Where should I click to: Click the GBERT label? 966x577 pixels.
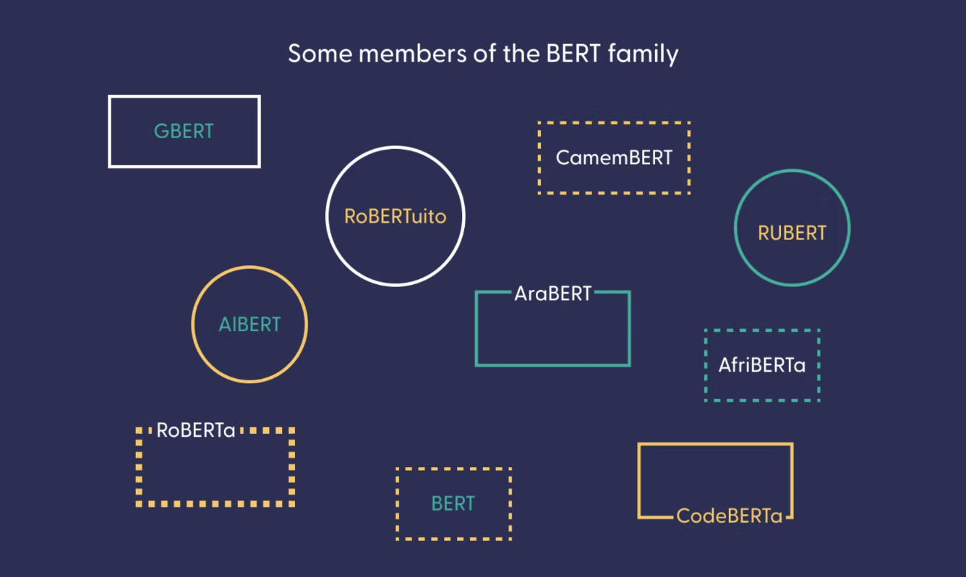pyautogui.click(x=184, y=132)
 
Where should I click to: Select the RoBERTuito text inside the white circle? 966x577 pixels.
pyautogui.click(x=395, y=216)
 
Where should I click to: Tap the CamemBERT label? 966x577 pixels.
pyautogui.click(x=614, y=158)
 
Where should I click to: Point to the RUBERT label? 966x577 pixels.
pyautogui.click(x=792, y=234)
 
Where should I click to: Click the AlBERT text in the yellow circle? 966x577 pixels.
pyautogui.click(x=249, y=325)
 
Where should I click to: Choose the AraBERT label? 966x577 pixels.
pyautogui.click(x=552, y=294)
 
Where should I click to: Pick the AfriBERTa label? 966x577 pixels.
pyautogui.click(x=761, y=365)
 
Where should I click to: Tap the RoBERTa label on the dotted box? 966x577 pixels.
pyautogui.click(x=196, y=430)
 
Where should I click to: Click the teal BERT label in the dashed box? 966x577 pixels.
pyautogui.click(x=453, y=504)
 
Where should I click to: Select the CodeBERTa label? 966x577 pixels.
pyautogui.click(x=730, y=516)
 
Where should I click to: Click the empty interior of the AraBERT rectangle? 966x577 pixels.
pyautogui.click(x=552, y=333)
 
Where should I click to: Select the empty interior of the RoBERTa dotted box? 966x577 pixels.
pyautogui.click(x=215, y=470)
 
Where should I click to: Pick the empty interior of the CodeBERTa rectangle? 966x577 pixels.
pyautogui.click(x=715, y=477)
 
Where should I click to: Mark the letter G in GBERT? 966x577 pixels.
pyautogui.click(x=161, y=132)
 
